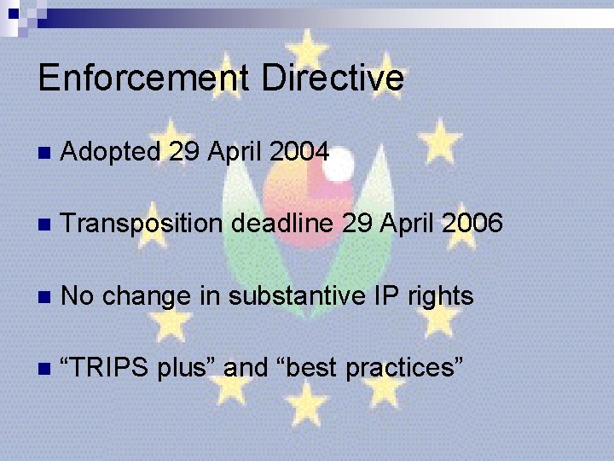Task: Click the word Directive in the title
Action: (x=333, y=78)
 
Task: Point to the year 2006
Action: (x=473, y=224)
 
